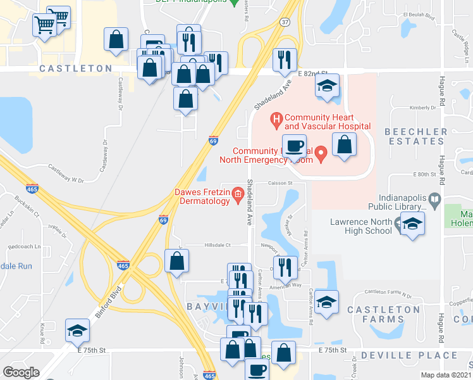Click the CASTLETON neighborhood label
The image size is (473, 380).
click(x=75, y=68)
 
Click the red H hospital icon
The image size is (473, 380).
click(x=276, y=118)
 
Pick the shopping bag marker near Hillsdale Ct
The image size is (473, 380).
click(x=177, y=260)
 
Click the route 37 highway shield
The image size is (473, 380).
click(x=285, y=22)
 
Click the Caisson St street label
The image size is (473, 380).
click(x=281, y=183)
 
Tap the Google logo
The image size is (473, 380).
click(x=21, y=372)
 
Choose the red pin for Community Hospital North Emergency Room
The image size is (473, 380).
click(x=321, y=153)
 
